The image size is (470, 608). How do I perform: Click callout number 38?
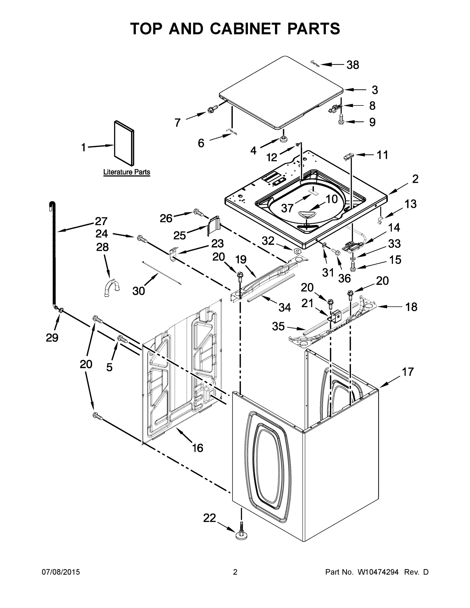coord(352,65)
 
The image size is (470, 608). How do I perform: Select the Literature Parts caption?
coord(127,172)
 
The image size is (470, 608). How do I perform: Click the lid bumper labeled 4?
coord(284,138)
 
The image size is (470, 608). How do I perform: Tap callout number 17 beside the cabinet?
coord(408,372)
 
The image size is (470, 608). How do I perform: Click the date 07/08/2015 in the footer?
coord(61,572)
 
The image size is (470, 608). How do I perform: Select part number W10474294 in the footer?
coord(378,572)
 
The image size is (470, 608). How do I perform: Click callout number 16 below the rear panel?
coord(197,448)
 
